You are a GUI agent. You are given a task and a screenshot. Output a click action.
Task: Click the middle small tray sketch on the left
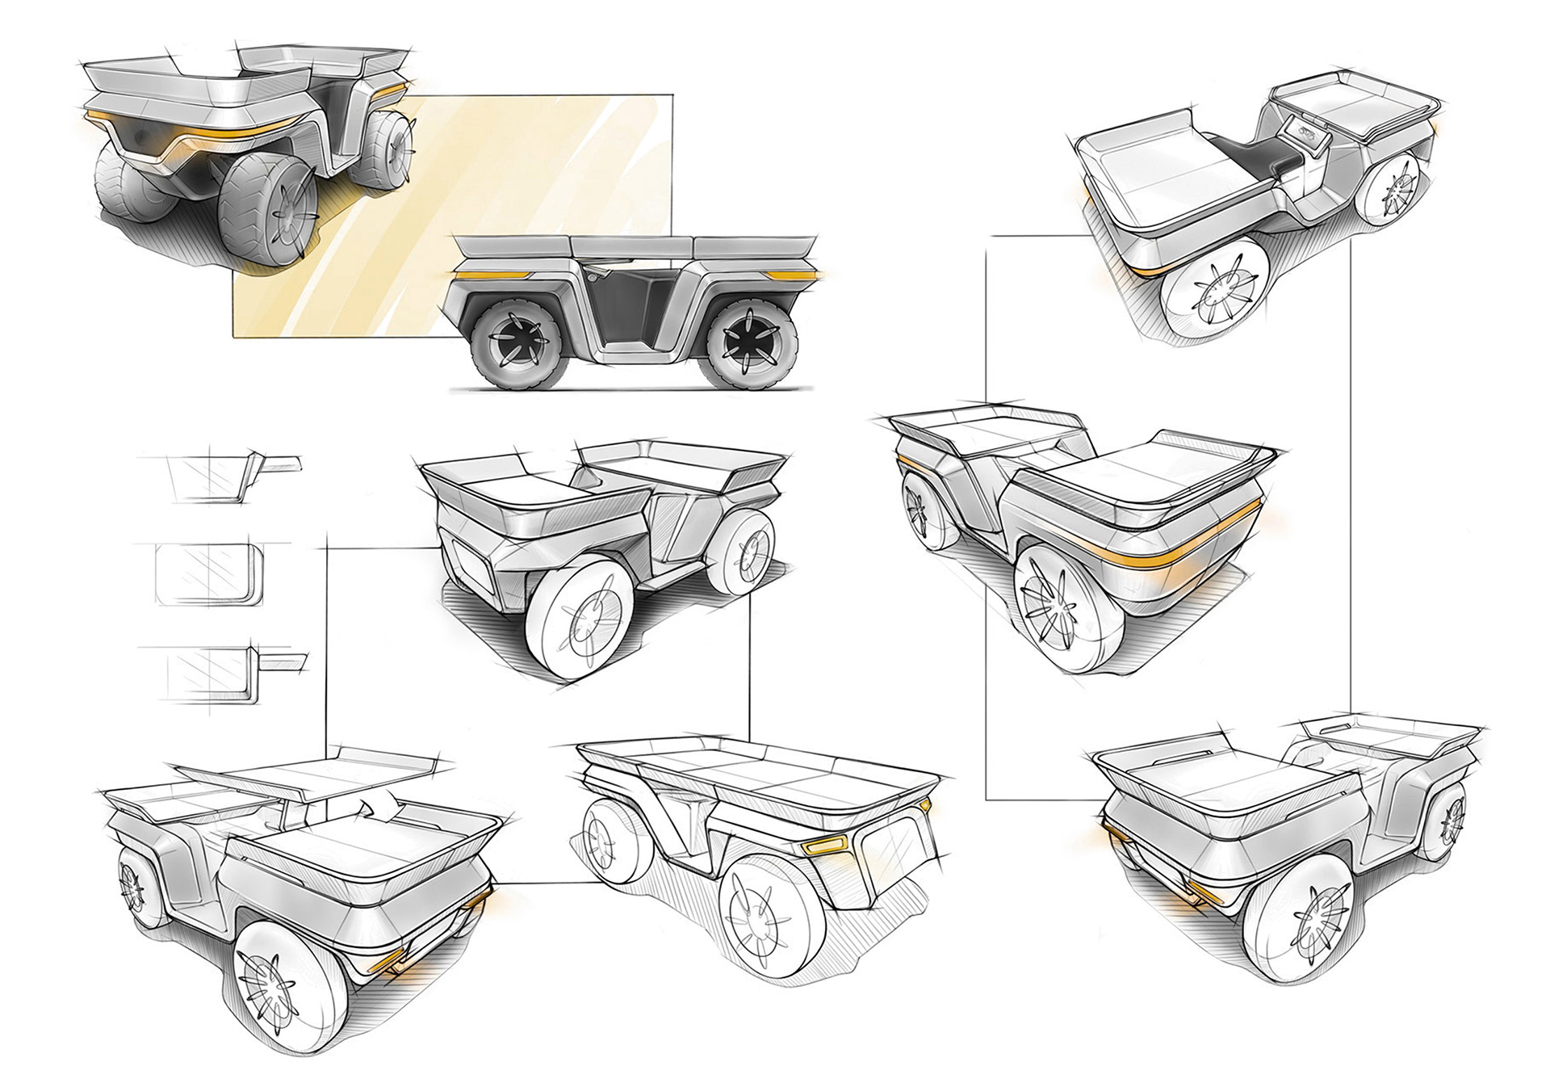point(209,573)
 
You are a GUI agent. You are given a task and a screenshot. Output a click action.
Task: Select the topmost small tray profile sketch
point(218,476)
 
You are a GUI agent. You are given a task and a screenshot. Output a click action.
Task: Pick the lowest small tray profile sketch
point(222,674)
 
